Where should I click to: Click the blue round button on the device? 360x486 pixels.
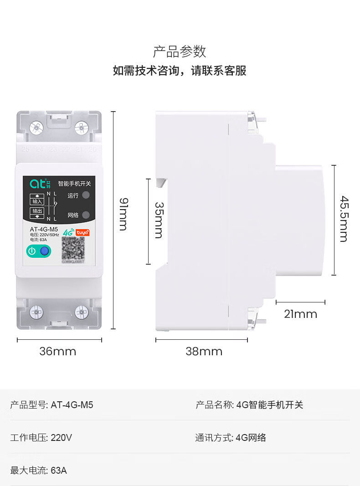click(44, 251)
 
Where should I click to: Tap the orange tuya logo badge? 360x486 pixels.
click(82, 232)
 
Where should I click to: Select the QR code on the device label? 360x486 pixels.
click(73, 248)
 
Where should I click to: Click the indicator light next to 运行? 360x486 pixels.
click(86, 195)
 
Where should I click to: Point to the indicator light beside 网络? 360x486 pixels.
click(86, 215)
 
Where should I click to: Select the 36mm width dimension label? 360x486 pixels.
click(58, 352)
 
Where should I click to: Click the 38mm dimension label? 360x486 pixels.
click(204, 352)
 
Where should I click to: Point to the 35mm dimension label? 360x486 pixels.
click(159, 220)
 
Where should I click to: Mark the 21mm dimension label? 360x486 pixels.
click(300, 314)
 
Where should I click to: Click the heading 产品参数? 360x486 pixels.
click(180, 51)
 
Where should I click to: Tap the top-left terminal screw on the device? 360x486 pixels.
click(36, 128)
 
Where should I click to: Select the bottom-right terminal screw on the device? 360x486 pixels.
click(82, 312)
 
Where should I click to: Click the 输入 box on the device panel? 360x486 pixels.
click(37, 201)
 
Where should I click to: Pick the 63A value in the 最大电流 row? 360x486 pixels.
click(59, 471)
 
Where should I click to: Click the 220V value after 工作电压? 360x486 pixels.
click(62, 438)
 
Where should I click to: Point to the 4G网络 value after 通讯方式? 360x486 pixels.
click(251, 438)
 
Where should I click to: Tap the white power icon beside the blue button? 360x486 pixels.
click(32, 251)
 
